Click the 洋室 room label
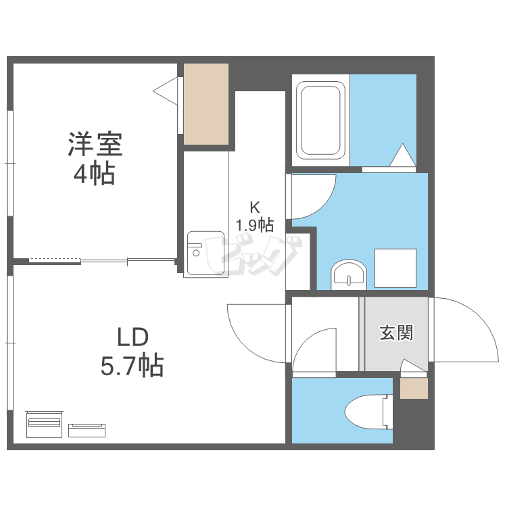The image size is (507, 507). click(94, 145)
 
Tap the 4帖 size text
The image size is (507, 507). click(94, 174)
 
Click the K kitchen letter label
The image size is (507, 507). click(254, 207)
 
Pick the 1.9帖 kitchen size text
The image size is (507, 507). click(254, 223)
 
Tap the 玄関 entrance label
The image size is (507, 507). click(395, 333)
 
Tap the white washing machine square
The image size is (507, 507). click(395, 268)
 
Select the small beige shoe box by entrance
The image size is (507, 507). click(414, 389)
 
